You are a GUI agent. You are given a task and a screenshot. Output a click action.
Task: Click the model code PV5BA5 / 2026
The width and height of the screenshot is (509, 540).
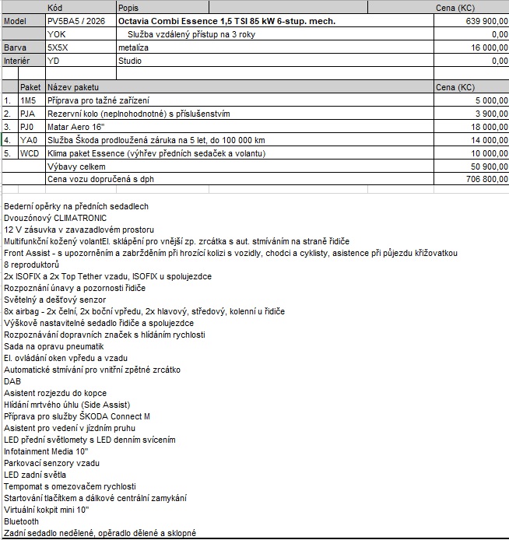(76, 21)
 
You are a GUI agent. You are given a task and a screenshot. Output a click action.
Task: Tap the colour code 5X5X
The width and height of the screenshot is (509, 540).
(58, 47)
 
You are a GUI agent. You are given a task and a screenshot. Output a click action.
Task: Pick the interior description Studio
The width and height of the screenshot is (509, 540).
(130, 61)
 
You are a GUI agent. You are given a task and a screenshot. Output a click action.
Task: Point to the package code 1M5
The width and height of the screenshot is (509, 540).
(28, 100)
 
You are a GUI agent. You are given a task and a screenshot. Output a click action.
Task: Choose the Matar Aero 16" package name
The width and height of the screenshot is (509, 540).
(77, 127)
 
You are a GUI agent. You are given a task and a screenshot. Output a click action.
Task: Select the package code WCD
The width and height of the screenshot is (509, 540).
(30, 153)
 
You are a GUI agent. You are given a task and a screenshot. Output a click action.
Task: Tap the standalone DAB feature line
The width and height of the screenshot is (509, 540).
(12, 381)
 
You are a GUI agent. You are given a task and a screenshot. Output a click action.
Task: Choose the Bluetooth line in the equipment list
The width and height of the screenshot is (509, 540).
(21, 521)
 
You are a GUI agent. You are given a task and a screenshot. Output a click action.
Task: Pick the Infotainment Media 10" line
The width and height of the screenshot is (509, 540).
(46, 451)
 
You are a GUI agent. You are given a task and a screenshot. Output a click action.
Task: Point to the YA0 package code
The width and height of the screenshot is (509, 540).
(29, 140)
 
